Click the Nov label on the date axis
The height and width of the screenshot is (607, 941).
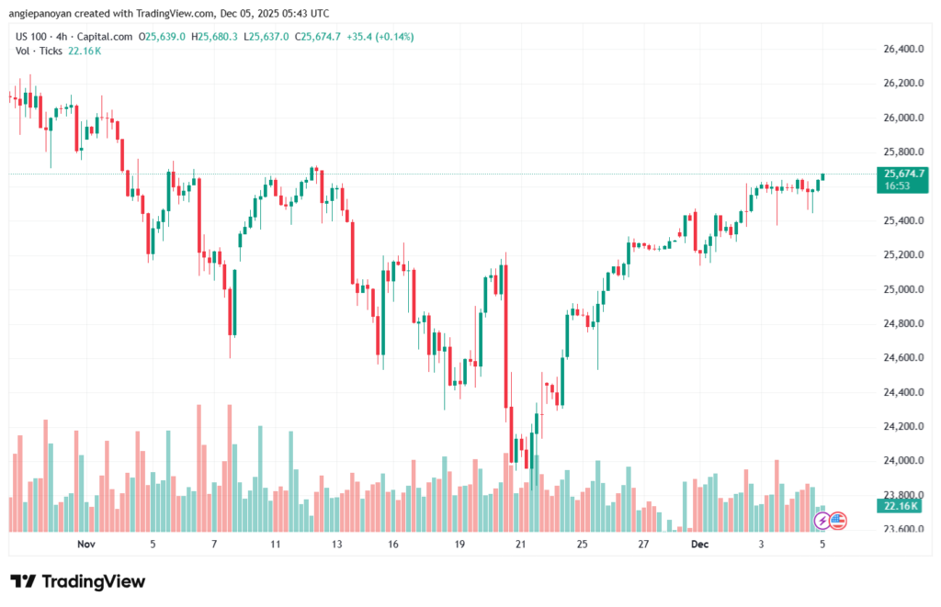[x=86, y=545]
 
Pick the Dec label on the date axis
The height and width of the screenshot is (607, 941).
[x=700, y=545]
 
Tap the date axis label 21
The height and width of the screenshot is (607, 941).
[x=521, y=545]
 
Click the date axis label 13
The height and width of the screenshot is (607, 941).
[x=337, y=545]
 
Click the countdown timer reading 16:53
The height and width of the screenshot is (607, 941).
[x=897, y=185]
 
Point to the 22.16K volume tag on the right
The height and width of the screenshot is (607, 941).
[x=900, y=506]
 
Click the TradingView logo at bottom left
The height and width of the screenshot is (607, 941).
[x=77, y=581]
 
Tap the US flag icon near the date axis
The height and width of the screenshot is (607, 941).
[x=838, y=521]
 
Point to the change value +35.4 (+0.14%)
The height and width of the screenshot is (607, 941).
[x=381, y=37]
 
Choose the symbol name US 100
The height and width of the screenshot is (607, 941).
[x=34, y=37]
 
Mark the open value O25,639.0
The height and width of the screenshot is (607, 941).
[x=163, y=37]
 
